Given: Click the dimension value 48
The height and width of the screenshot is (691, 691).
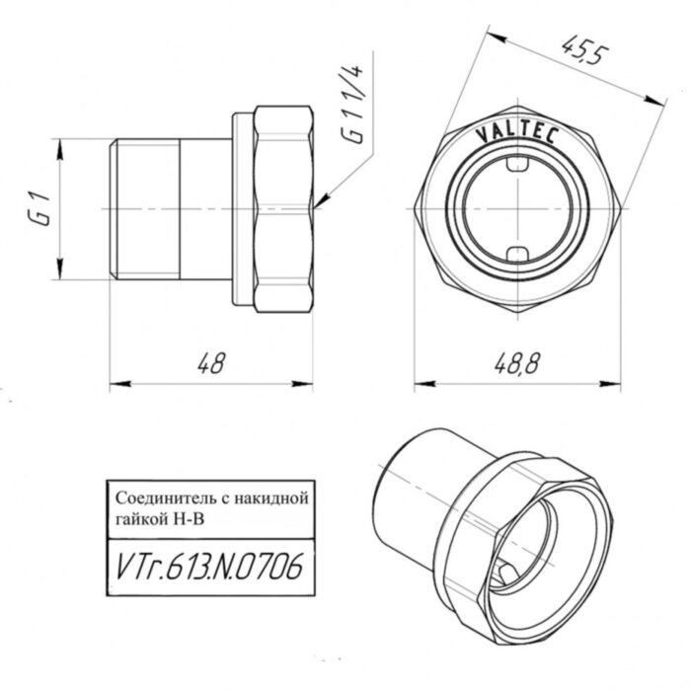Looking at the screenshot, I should coord(208,363).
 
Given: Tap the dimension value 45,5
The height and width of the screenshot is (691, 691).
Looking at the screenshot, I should coord(577,51).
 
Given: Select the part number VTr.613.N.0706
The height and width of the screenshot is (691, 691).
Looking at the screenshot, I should coord(204,568).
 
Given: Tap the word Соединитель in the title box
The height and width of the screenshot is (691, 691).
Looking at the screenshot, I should coord(163,497).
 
